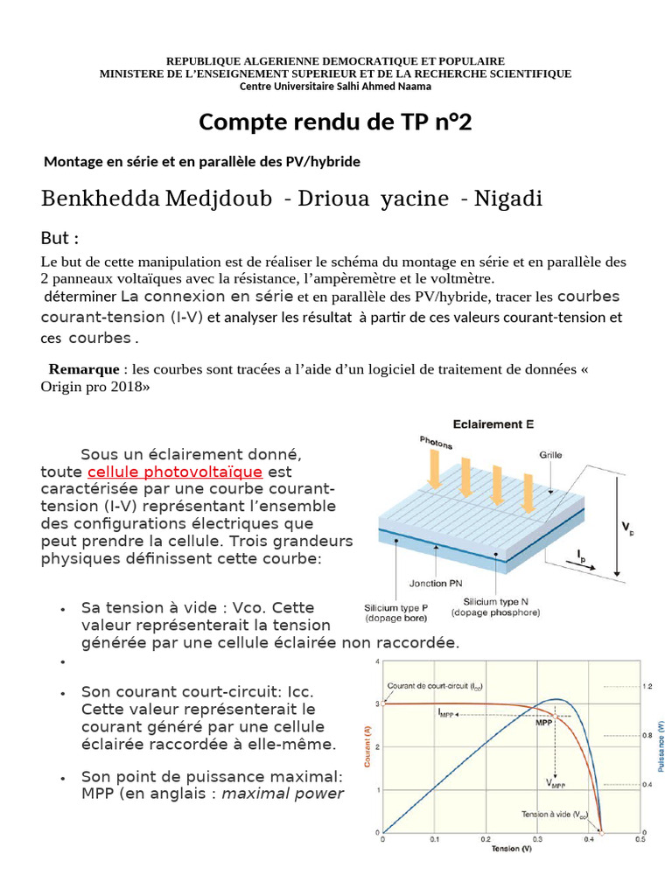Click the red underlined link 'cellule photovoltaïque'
point(174,472)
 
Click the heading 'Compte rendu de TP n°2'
point(335,122)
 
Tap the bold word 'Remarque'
point(83,369)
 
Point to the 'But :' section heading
point(60,239)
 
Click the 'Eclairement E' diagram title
point(493,424)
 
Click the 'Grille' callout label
point(550,456)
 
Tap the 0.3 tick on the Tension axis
point(536,839)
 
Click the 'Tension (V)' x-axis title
point(511,849)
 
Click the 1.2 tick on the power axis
point(648,686)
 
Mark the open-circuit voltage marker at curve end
point(601,831)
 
